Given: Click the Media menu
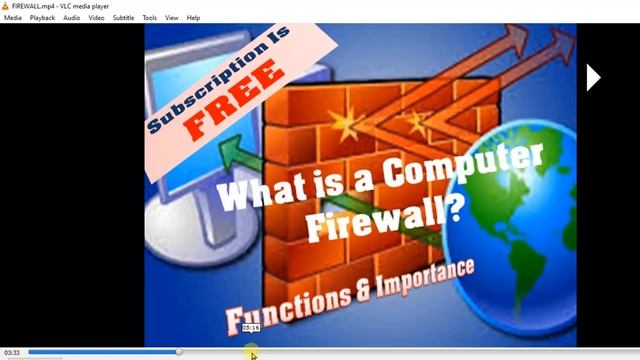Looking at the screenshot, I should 13,18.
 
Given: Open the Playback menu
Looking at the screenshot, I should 42,18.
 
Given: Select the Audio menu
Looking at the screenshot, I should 72,18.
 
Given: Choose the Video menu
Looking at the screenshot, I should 96,18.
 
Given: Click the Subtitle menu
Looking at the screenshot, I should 123,18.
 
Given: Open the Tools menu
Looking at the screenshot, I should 150,18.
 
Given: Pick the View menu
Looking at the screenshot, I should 172,18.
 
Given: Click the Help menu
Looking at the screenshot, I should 194,18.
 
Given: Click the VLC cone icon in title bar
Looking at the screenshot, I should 5,5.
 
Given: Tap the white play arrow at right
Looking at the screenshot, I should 593,77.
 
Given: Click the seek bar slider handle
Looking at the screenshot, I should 179,352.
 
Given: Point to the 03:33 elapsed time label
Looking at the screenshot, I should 12,353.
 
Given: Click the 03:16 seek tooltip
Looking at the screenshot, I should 251,328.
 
